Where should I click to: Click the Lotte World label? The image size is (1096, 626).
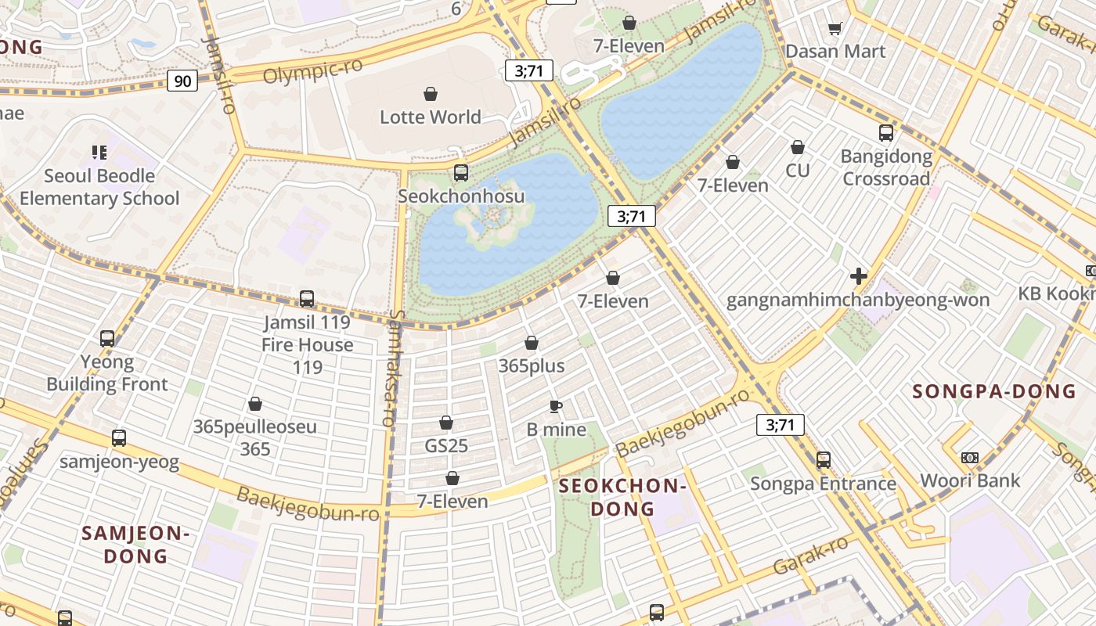430,117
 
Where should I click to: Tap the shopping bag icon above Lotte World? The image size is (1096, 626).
430,95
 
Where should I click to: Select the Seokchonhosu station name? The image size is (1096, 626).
460,196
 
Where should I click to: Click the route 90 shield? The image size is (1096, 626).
182,81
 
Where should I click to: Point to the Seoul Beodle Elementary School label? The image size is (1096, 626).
99,187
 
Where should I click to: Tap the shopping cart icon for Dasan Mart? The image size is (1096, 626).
835,29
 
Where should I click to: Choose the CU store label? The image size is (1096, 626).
797,170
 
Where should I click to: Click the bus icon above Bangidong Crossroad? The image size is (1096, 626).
886,133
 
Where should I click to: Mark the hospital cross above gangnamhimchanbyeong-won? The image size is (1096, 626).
858,276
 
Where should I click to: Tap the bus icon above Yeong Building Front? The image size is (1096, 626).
107,339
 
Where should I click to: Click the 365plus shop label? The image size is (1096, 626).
531,366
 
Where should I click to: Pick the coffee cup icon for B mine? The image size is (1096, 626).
556,406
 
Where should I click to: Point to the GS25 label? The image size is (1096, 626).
446,446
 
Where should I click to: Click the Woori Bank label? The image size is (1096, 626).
970,480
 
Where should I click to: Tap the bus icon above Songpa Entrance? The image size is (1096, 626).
823,460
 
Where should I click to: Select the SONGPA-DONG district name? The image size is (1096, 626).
994,391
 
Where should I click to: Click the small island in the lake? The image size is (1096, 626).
493,221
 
